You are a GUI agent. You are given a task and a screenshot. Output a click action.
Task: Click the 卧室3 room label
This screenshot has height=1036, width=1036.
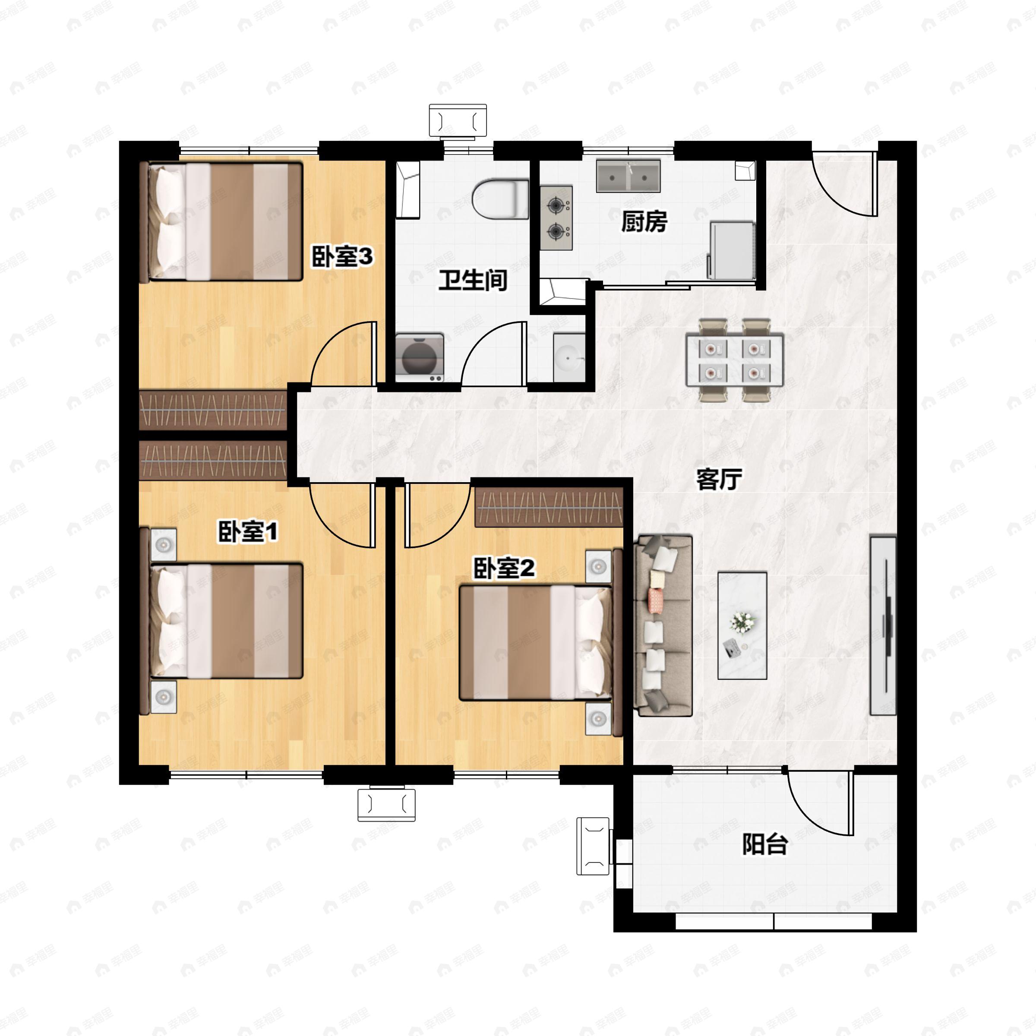coord(342,257)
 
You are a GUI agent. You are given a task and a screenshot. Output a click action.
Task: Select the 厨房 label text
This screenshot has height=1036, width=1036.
coord(644,221)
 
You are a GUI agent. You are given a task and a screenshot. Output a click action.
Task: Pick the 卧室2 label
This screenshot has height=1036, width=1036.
coord(504,568)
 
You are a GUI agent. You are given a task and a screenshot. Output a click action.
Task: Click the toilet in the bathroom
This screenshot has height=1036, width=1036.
coord(500,199)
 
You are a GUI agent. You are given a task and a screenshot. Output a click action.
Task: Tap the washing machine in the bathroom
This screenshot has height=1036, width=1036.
coord(419,358)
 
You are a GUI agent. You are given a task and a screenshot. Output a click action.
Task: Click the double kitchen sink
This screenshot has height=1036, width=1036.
coord(629,176)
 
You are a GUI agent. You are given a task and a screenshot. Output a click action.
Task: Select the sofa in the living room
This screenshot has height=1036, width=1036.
coord(663,625)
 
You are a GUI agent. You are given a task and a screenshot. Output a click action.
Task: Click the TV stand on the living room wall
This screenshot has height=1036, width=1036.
coord(883,625)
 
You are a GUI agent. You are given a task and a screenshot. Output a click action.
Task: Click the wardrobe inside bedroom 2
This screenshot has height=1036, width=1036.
coord(549,507)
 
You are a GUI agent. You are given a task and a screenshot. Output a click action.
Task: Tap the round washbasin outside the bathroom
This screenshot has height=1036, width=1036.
coord(569,358)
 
